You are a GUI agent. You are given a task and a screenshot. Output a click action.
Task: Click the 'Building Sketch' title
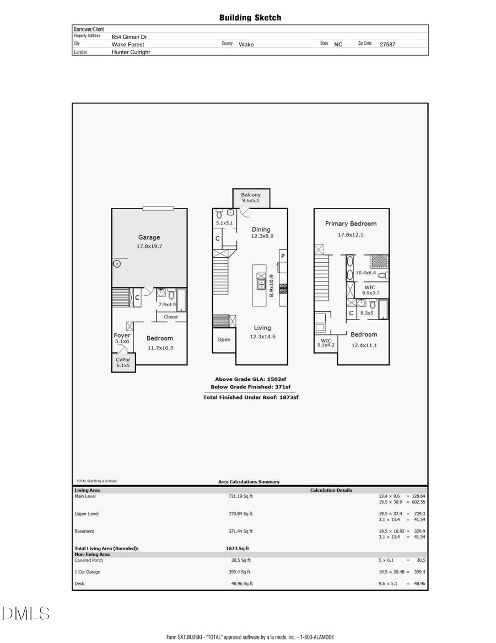pyautogui.click(x=250, y=18)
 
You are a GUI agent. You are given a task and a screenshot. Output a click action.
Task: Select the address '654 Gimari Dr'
pyautogui.click(x=129, y=37)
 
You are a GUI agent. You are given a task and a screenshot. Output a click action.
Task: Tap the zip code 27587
pyautogui.click(x=387, y=45)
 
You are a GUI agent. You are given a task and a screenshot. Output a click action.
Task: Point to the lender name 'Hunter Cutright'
pyautogui.click(x=131, y=52)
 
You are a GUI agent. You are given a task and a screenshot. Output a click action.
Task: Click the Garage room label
pyautogui.click(x=149, y=237)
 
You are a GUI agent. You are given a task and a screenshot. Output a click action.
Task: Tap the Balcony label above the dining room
pyautogui.click(x=251, y=195)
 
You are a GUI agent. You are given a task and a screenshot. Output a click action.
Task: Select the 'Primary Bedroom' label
pyautogui.click(x=351, y=224)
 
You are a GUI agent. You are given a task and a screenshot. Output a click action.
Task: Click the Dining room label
pyautogui.click(x=261, y=230)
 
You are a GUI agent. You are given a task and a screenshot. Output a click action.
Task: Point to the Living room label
pyautogui.click(x=262, y=328)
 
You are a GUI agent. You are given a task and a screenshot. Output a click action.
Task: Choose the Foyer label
pyautogui.click(x=122, y=335)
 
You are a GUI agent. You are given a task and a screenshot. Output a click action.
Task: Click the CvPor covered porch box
pyautogui.click(x=122, y=362)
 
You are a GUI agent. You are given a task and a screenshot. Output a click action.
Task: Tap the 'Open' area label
pyautogui.click(x=224, y=339)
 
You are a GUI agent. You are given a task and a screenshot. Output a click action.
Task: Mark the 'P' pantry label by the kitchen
pyautogui.click(x=283, y=256)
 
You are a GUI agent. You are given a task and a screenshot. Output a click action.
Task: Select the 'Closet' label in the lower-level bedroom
pyautogui.click(x=171, y=317)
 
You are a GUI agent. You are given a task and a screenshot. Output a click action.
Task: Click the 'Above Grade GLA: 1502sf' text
pyautogui.click(x=250, y=379)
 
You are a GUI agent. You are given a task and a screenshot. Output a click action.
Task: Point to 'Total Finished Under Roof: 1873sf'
pyautogui.click(x=250, y=397)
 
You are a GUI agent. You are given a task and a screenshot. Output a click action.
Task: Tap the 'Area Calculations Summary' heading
pyautogui.click(x=249, y=482)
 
